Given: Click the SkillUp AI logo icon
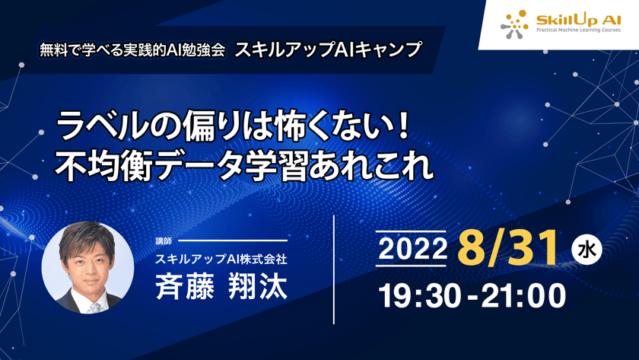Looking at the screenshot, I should click(514, 24).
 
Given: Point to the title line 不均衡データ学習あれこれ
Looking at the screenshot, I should click(244, 164).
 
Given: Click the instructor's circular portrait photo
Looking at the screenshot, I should click(88, 267).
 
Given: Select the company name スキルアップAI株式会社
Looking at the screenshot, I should click(221, 260).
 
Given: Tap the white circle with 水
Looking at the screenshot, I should click(586, 249).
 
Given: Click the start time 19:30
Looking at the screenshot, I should click(418, 295).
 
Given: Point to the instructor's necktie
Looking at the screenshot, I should click(94, 307).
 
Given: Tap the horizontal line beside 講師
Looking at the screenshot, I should click(232, 241).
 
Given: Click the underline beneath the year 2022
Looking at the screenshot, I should click(412, 266).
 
